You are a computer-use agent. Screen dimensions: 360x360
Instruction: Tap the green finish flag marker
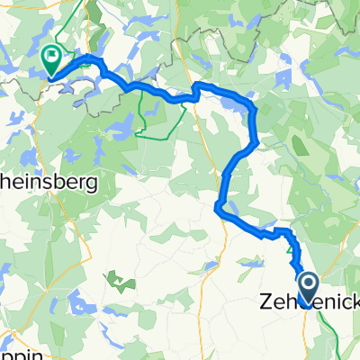coord(52,58)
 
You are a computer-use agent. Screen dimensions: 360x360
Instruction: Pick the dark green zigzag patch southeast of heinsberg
coord(118,281)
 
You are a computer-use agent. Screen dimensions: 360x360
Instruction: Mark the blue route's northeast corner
coord(256,108)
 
